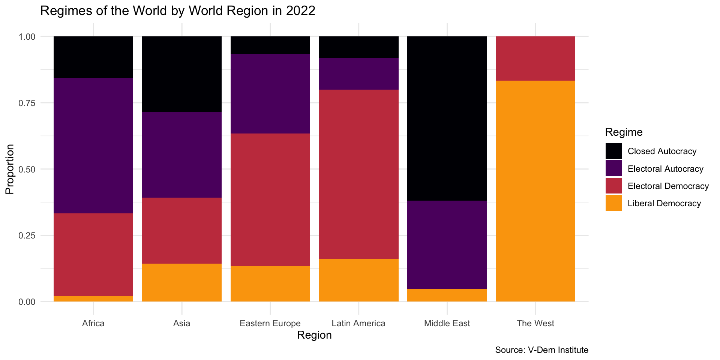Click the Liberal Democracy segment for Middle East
click(447, 295)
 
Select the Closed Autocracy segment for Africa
click(93, 57)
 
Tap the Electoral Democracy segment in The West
click(535, 58)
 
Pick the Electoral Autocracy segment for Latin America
click(359, 73)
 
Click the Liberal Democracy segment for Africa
click(93, 299)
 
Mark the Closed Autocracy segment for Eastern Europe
click(270, 45)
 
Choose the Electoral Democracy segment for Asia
click(182, 231)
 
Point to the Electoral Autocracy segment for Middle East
click(447, 245)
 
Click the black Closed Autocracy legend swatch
click(613, 151)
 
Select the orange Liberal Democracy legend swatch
click(613, 203)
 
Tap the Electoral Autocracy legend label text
click(665, 169)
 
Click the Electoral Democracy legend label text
click(668, 186)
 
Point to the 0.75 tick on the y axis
click(27, 103)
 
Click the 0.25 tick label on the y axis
click(27, 235)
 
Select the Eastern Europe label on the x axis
click(270, 323)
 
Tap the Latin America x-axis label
click(358, 323)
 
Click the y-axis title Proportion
click(10, 169)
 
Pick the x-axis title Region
click(314, 335)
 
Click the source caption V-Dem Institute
click(541, 350)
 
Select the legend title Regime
click(624, 132)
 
